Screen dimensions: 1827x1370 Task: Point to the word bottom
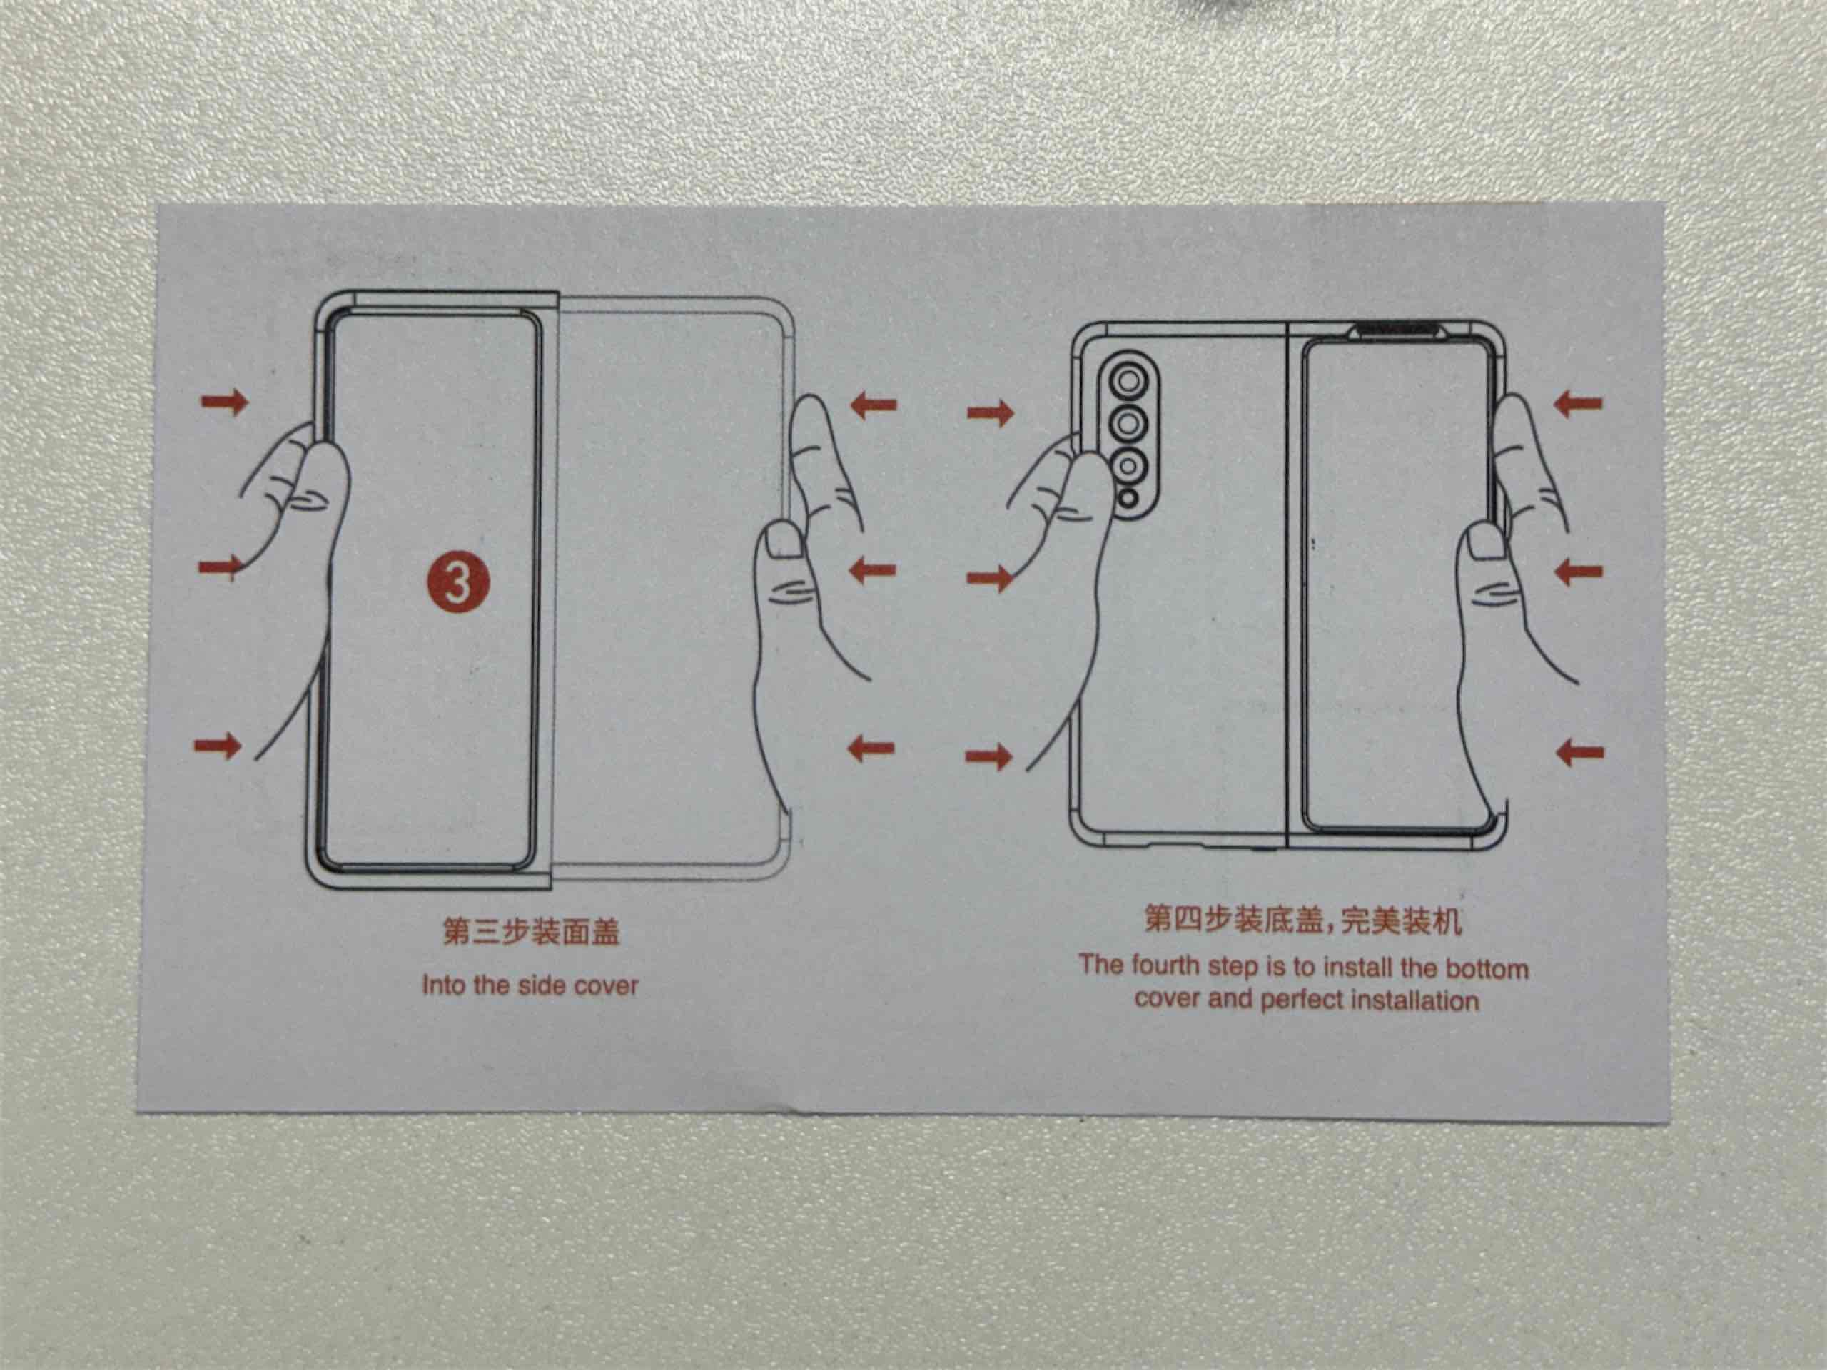point(1486,969)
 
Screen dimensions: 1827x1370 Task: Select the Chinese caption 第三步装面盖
point(531,933)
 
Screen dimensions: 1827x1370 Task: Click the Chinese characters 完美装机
point(1402,923)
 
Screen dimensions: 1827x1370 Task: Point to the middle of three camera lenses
point(1128,425)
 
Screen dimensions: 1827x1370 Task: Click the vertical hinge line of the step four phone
point(1287,584)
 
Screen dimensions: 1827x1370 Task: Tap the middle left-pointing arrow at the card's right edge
point(1579,571)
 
